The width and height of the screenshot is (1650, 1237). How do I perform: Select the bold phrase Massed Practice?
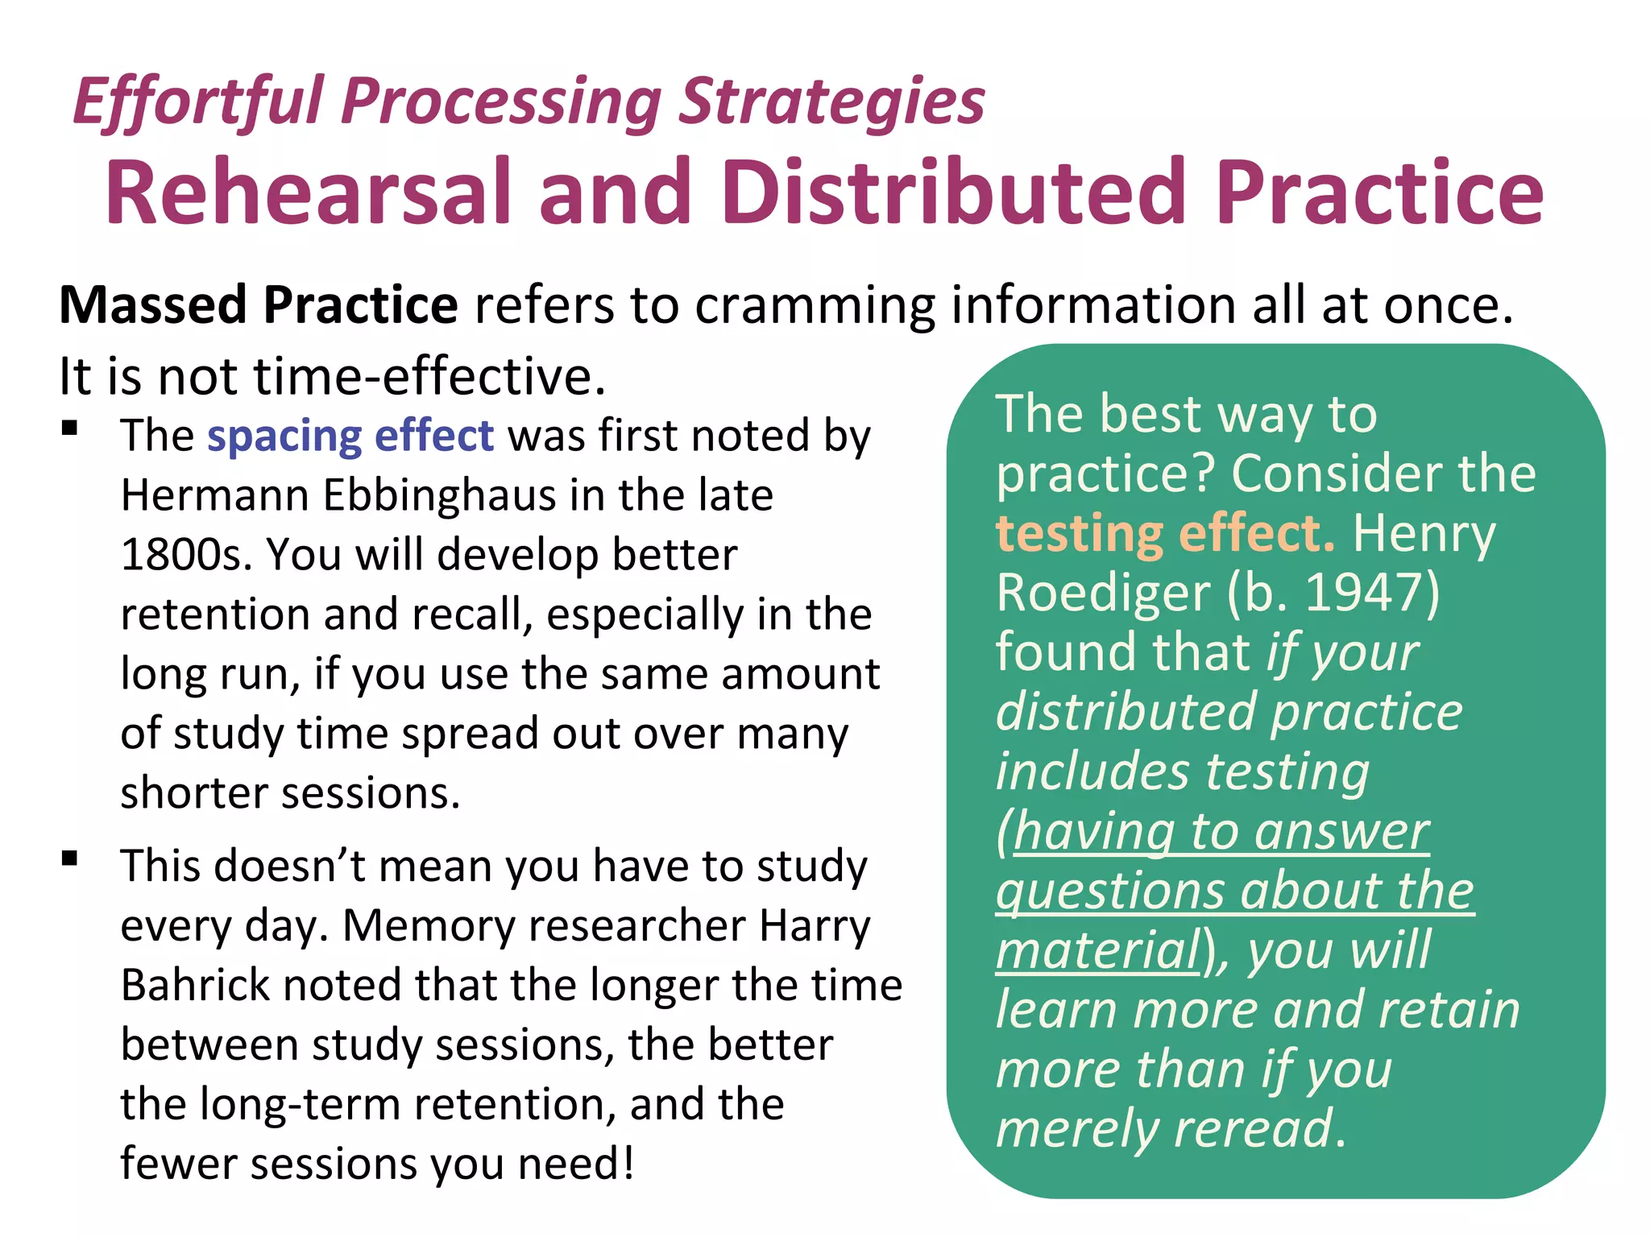click(x=259, y=305)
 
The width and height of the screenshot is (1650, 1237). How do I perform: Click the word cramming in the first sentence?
click(x=815, y=305)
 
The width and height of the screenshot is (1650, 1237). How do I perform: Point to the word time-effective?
click(x=429, y=376)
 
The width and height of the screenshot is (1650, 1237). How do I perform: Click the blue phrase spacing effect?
click(x=350, y=436)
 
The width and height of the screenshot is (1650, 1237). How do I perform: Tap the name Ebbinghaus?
click(x=439, y=494)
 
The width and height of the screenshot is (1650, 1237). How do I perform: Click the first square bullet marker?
click(x=70, y=428)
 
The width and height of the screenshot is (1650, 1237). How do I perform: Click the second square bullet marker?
click(x=70, y=858)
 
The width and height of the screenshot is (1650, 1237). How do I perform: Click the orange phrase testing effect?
click(x=1164, y=533)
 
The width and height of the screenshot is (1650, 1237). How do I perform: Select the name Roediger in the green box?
click(x=1103, y=593)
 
